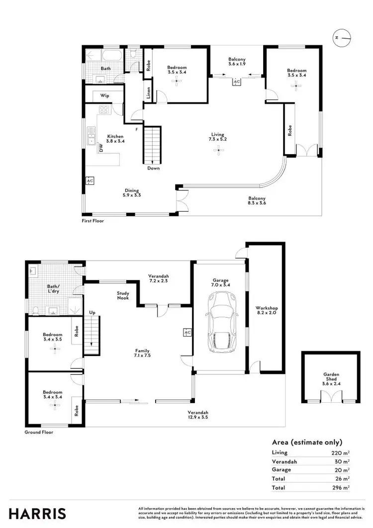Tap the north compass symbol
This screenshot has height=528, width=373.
pyautogui.click(x=343, y=38)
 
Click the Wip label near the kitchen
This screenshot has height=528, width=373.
pyautogui.click(x=104, y=95)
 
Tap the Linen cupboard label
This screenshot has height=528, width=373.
pyautogui.click(x=148, y=93)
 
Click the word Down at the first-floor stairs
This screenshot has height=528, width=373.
pyautogui.click(x=153, y=169)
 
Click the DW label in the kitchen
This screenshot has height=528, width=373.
pyautogui.click(x=101, y=148)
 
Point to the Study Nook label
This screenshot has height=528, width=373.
pyautogui.click(x=123, y=296)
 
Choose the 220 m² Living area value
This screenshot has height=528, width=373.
pyautogui.click(x=340, y=452)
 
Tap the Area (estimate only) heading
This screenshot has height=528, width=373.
pyautogui.click(x=307, y=442)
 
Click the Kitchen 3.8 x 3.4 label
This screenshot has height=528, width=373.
pyautogui.click(x=115, y=139)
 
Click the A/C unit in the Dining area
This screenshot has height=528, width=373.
pyautogui.click(x=91, y=181)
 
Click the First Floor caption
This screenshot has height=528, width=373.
pyautogui.click(x=93, y=221)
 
